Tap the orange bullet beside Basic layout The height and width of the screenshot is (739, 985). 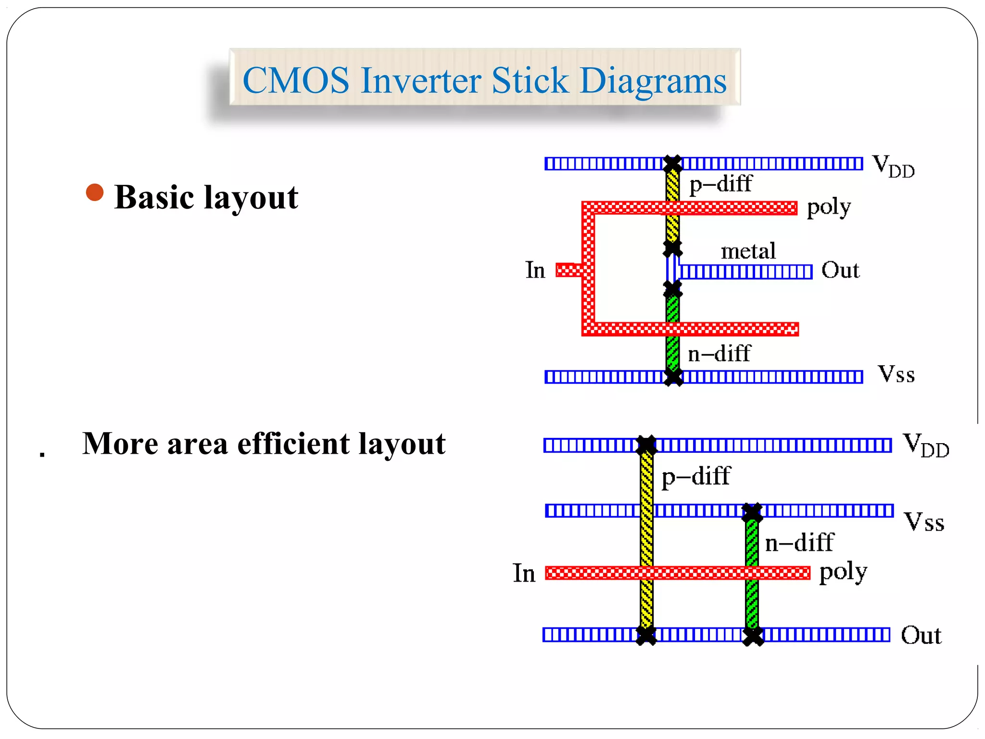point(95,192)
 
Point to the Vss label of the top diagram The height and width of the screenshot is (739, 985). point(896,374)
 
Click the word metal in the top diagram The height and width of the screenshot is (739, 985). point(748,251)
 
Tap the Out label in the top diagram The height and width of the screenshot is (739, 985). point(840,270)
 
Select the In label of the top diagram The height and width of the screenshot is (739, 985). point(535,270)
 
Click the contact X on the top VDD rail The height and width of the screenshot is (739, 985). point(672,164)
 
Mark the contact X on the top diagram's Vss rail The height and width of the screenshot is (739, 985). point(673,377)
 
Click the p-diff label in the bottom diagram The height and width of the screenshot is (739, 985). point(695,477)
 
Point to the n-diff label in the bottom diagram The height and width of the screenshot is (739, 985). point(799,543)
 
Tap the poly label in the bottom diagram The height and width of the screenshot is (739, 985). point(843,573)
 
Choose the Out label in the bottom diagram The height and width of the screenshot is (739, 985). point(921,636)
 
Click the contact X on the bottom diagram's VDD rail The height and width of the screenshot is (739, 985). point(646,445)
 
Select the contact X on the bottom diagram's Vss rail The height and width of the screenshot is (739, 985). point(752,512)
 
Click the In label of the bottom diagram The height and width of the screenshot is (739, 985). point(524,573)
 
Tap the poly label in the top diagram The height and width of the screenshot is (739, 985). point(828,208)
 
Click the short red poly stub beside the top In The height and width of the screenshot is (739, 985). point(568,270)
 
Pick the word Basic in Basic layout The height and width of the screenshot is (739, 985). point(153,197)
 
